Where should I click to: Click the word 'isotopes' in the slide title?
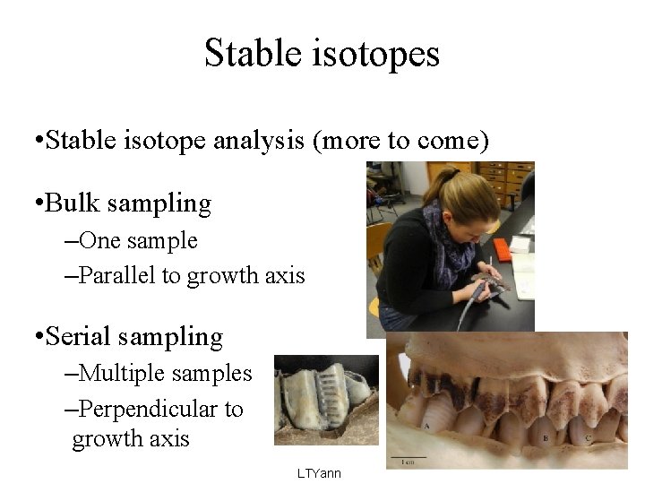[383, 54]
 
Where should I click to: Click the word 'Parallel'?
[117, 275]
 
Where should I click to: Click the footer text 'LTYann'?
[319, 472]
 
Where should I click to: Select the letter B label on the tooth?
[545, 437]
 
